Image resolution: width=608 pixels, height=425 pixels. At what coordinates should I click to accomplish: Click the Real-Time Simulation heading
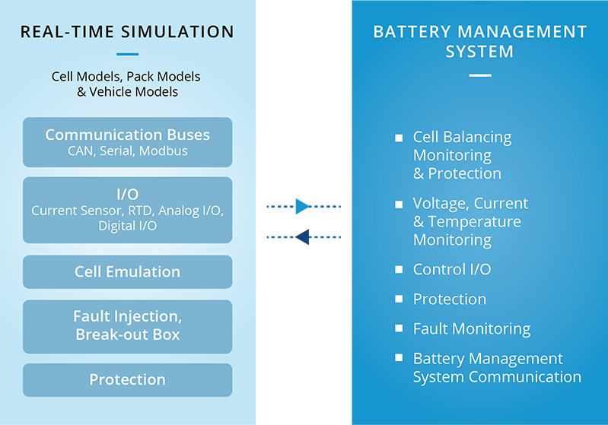tap(127, 32)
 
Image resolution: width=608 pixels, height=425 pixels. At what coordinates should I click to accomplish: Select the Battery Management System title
tap(479, 42)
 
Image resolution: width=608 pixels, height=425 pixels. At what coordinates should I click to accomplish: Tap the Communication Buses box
tap(127, 142)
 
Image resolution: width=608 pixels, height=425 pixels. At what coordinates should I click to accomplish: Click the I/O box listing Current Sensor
tap(127, 210)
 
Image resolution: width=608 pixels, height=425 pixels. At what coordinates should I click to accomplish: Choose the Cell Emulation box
tap(127, 271)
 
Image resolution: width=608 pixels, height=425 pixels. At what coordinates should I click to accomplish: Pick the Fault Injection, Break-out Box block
tap(127, 325)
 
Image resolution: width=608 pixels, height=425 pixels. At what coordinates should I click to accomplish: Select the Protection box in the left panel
tap(127, 379)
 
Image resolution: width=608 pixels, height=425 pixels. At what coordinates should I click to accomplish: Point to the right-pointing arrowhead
tap(303, 206)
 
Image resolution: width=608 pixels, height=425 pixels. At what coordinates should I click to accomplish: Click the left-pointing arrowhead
tap(304, 237)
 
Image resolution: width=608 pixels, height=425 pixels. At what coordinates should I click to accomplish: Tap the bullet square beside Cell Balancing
tap(399, 138)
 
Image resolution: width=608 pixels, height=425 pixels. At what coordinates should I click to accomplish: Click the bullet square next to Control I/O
tap(399, 270)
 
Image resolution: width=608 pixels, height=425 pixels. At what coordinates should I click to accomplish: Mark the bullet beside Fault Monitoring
tap(399, 329)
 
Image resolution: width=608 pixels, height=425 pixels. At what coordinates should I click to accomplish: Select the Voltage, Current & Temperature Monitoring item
tap(470, 222)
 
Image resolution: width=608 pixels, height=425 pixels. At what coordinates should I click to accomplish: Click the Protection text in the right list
tap(449, 300)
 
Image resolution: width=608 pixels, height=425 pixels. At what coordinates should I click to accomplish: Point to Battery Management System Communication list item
tap(496, 368)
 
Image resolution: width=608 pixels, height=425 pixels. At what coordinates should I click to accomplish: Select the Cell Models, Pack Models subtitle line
tap(126, 77)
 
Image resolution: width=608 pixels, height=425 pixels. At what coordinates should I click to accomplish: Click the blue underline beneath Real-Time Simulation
tap(128, 55)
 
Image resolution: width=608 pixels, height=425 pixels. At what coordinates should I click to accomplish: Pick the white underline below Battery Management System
tap(479, 75)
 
